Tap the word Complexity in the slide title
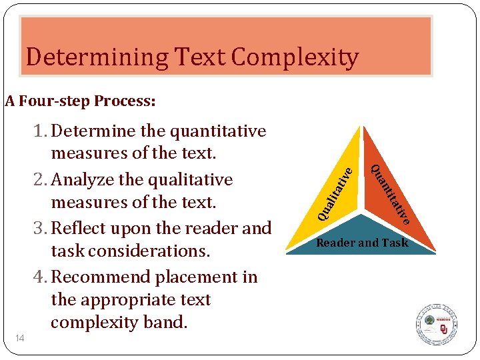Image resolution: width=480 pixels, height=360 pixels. coord(295,58)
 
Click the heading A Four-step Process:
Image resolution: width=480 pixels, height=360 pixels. coord(80,101)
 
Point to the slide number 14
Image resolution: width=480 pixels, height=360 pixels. coord(21,339)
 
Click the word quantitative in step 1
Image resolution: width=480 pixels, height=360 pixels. coord(218,131)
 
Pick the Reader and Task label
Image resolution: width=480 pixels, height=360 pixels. coord(362,243)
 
